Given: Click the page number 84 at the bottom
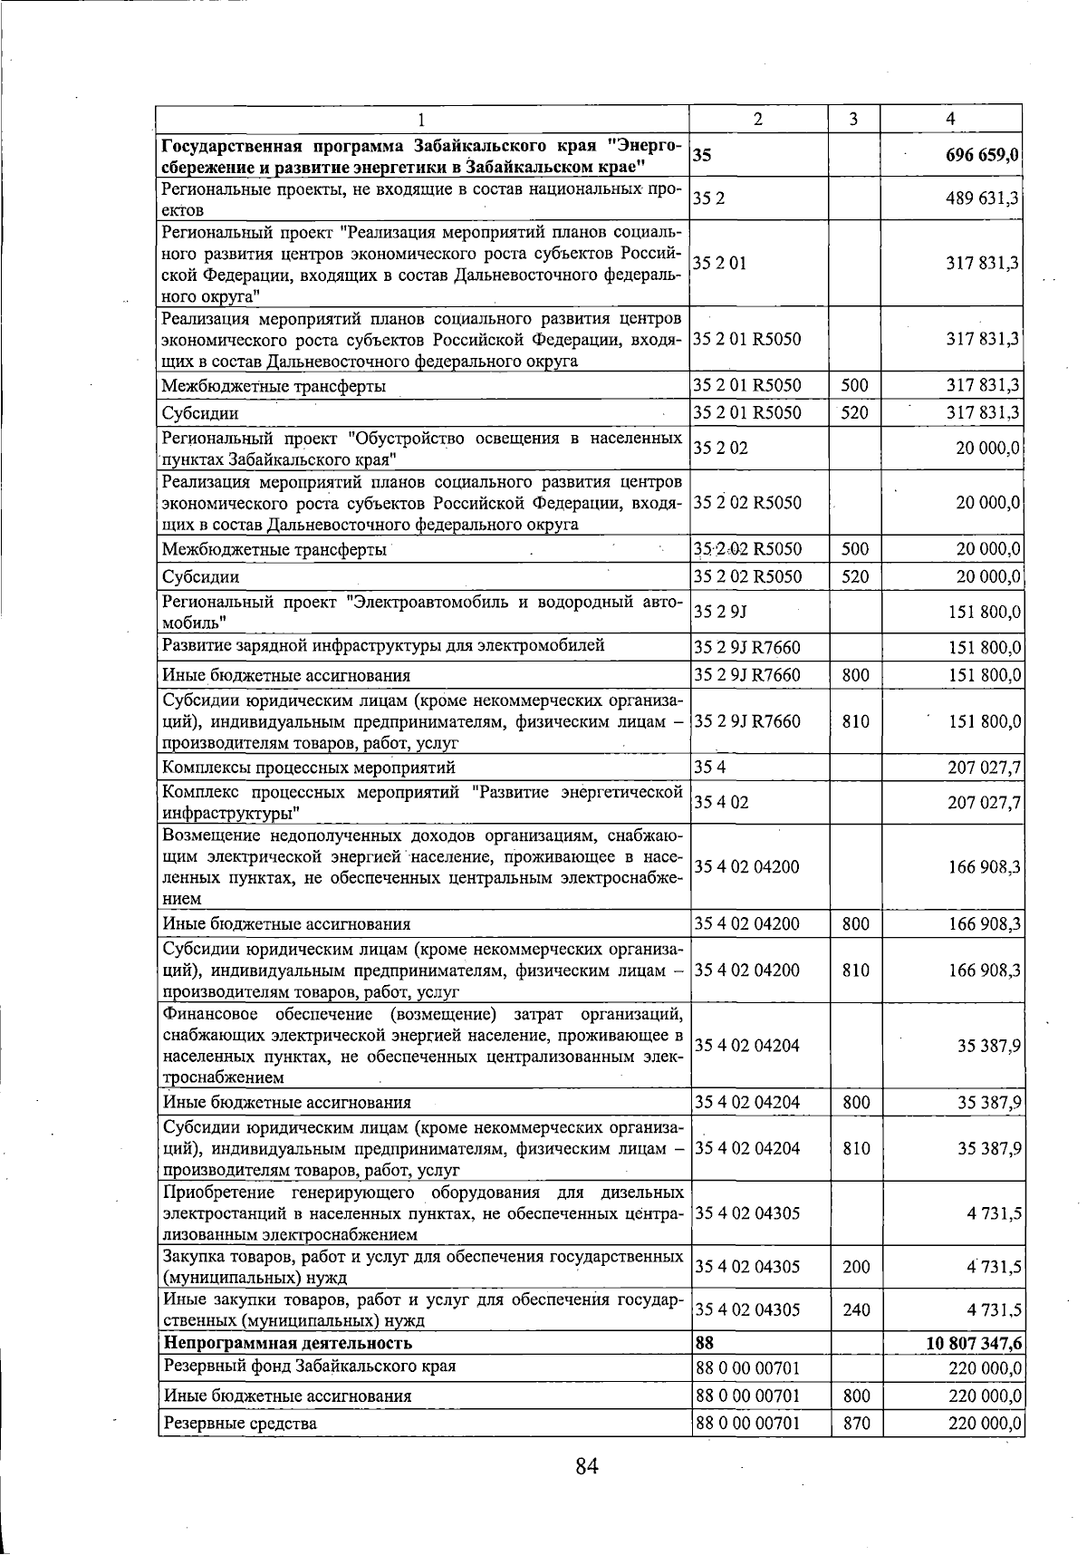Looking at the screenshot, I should pyautogui.click(x=587, y=1465).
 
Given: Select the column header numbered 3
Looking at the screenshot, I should pyautogui.click(x=854, y=119).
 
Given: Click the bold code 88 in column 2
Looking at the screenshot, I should pyautogui.click(x=704, y=1343).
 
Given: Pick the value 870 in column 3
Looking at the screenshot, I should pyautogui.click(x=855, y=1424).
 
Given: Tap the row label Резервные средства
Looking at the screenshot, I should pyautogui.click(x=239, y=1424).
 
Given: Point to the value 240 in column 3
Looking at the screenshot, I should pyautogui.click(x=855, y=1309).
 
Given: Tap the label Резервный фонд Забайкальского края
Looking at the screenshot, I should pyautogui.click(x=308, y=1366).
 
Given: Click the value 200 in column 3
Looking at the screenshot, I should pyautogui.click(x=855, y=1267).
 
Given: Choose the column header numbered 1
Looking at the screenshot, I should pyautogui.click(x=422, y=119).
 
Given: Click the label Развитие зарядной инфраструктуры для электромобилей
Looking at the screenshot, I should pyautogui.click(x=382, y=646).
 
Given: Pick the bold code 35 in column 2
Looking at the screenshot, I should pyautogui.click(x=702, y=156).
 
